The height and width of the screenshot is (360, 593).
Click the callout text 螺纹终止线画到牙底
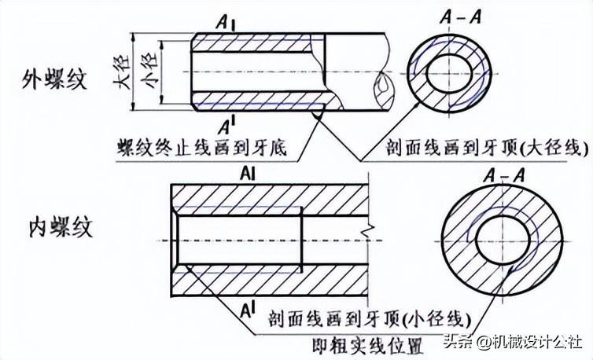(x=201, y=148)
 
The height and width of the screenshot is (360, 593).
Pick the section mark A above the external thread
(x=227, y=24)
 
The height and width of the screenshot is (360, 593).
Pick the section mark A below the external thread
(x=226, y=123)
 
